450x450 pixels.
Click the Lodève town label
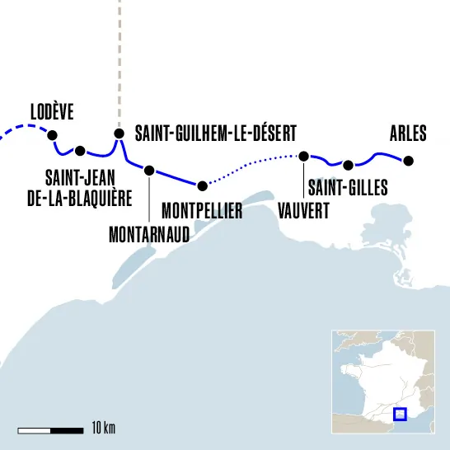tap(51, 112)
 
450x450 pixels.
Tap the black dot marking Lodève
tap(52, 135)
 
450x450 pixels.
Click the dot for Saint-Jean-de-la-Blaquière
tap(80, 151)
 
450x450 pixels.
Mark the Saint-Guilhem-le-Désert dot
tap(119, 134)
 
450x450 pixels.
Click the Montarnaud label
tap(149, 233)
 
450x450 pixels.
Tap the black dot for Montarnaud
tap(149, 171)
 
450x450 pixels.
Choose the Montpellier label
tap(202, 211)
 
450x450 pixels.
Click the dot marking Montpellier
tap(201, 185)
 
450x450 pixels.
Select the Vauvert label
tap(304, 210)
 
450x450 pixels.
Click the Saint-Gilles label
tap(347, 189)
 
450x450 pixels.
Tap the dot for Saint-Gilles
tap(349, 165)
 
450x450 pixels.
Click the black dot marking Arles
tap(409, 160)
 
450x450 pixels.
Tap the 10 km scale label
tap(104, 429)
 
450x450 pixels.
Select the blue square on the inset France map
tap(401, 414)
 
